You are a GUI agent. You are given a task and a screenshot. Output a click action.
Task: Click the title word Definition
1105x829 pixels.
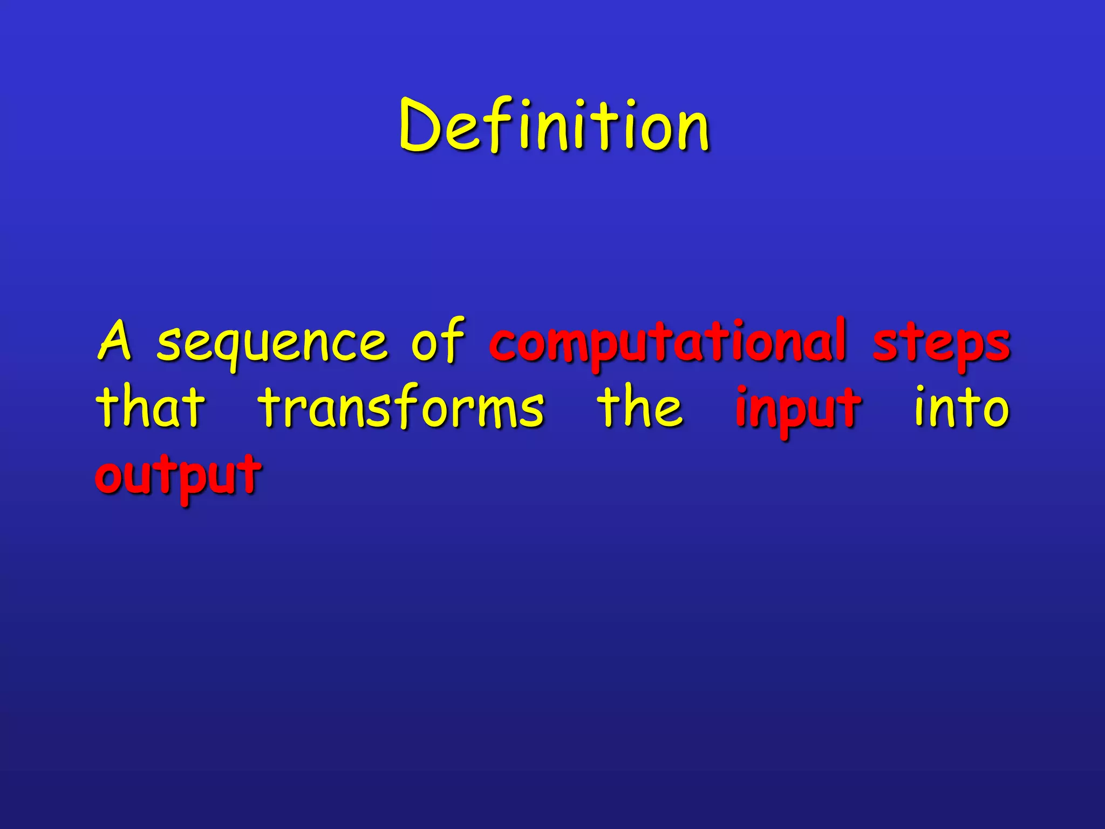pos(554,127)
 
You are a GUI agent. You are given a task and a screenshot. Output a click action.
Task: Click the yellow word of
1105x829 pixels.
pos(437,340)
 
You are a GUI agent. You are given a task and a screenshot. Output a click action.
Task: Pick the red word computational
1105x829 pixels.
pos(667,343)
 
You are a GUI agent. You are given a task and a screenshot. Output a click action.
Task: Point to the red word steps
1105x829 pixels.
pos(941,344)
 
